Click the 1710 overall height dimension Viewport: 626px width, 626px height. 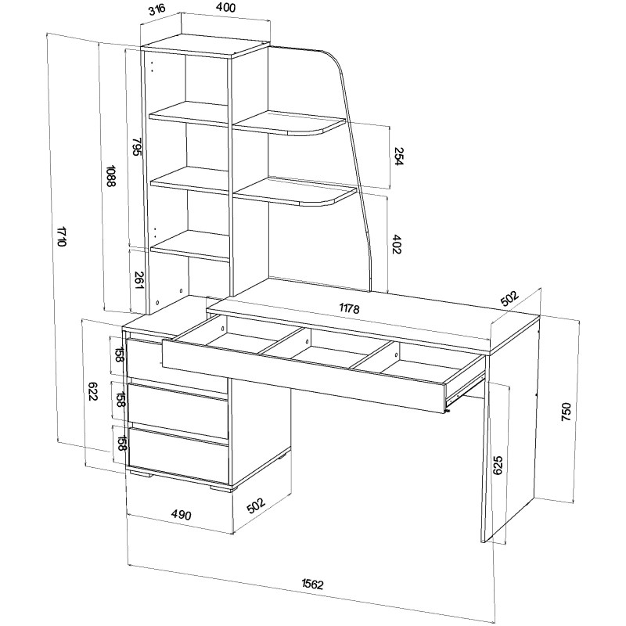[x=61, y=236]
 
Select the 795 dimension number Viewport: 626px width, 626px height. [x=136, y=147]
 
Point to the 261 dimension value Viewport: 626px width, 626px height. [x=139, y=281]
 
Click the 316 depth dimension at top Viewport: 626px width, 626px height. [x=157, y=11]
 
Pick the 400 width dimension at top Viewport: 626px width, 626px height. [x=226, y=8]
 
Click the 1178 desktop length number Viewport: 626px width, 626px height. [x=349, y=308]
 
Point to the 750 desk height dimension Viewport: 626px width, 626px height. [x=566, y=412]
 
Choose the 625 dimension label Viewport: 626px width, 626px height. [x=498, y=465]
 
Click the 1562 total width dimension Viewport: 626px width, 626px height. [x=312, y=584]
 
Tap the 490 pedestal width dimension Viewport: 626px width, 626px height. [x=182, y=515]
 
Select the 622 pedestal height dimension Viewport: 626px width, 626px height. [x=92, y=392]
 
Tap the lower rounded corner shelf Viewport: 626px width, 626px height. [x=295, y=191]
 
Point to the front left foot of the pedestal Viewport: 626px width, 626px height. [x=141, y=473]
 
